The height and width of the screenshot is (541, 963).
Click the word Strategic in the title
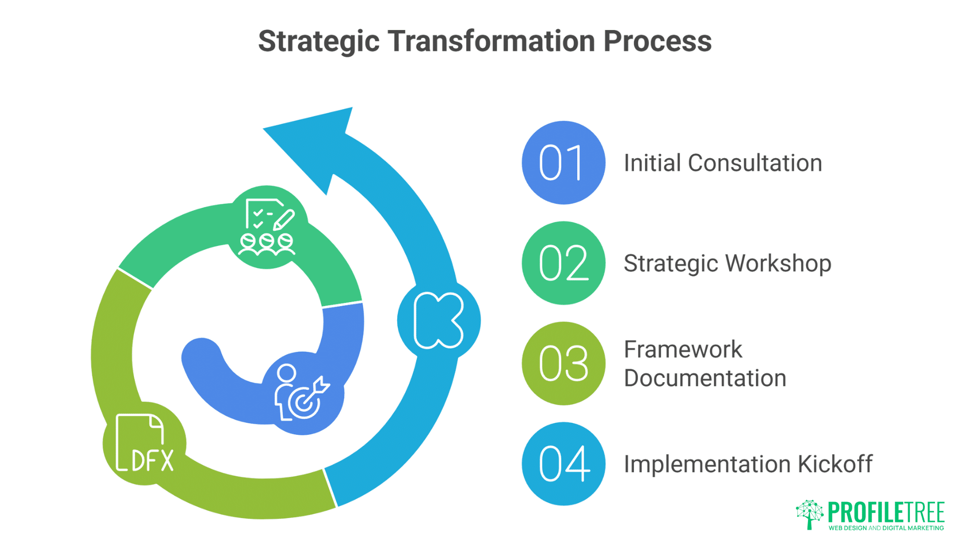pyautogui.click(x=318, y=41)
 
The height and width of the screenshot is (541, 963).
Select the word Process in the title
pyautogui.click(x=658, y=41)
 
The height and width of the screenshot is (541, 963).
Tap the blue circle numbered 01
pyautogui.click(x=563, y=163)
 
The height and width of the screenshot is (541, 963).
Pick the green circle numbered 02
pyautogui.click(x=563, y=263)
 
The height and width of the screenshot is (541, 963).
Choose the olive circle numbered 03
pyautogui.click(x=563, y=363)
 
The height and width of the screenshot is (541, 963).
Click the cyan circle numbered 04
pyautogui.click(x=563, y=464)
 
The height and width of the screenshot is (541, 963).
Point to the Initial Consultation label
pyautogui.click(x=723, y=163)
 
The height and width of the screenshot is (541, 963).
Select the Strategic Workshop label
pyautogui.click(x=727, y=263)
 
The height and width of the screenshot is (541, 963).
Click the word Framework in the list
pyautogui.click(x=683, y=349)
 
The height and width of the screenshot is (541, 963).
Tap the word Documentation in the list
pyautogui.click(x=705, y=378)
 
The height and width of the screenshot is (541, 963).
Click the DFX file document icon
pyautogui.click(x=144, y=443)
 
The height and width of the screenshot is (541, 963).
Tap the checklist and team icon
pyautogui.click(x=267, y=227)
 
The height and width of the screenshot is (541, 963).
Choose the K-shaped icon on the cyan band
pyautogui.click(x=438, y=321)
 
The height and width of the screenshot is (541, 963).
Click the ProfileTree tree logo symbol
pyautogui.click(x=809, y=514)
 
